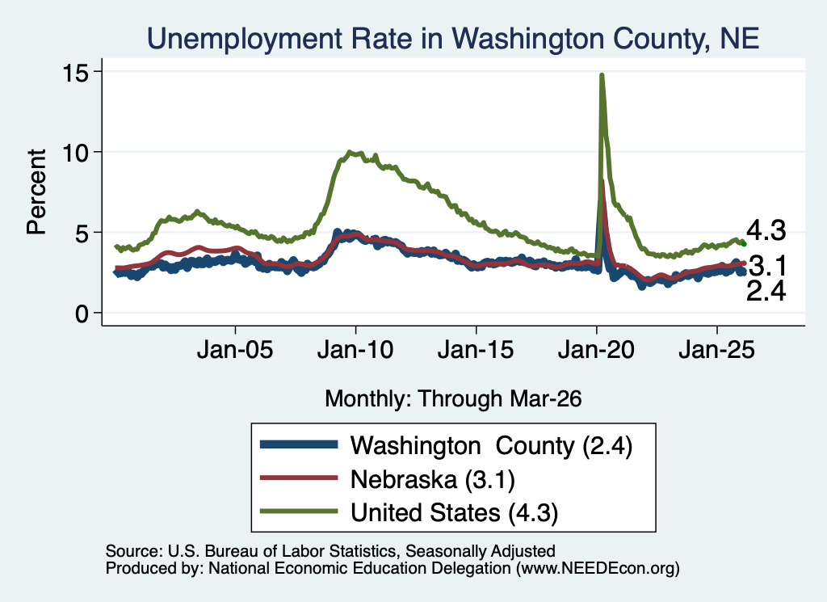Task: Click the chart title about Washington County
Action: (453, 39)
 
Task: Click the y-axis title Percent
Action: (36, 192)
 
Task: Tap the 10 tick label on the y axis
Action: (75, 153)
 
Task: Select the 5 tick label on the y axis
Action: (82, 234)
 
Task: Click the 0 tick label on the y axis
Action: (82, 314)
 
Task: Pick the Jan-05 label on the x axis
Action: (235, 350)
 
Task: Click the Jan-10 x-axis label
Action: (355, 350)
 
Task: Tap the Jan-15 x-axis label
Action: (476, 350)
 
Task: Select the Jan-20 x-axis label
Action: (596, 350)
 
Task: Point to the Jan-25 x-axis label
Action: (717, 350)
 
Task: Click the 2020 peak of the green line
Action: (601, 75)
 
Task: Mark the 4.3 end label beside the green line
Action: (766, 231)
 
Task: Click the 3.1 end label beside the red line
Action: (768, 266)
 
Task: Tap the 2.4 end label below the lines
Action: (766, 291)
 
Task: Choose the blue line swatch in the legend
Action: (299, 444)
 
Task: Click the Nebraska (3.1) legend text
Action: (433, 480)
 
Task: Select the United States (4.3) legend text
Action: (454, 513)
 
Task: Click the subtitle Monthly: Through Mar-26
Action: (453, 399)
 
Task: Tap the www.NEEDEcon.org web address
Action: (598, 568)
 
